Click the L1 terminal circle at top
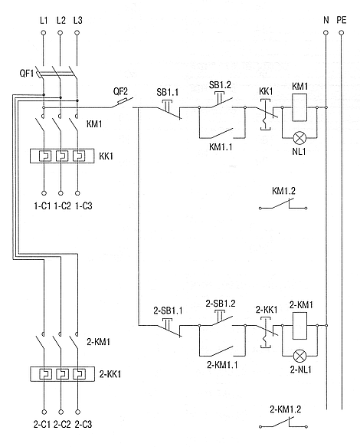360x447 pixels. point(44,33)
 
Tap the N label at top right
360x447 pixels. point(326,20)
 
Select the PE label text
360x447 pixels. point(342,20)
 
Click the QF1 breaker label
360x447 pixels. point(26,74)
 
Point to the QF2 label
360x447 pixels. point(120,91)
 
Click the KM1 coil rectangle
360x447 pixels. point(299,107)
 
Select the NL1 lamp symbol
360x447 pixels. point(299,138)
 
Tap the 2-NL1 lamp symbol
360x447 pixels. point(300,356)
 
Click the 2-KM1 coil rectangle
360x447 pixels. point(300,326)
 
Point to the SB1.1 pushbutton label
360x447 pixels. point(168,92)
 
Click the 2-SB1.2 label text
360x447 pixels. point(221,304)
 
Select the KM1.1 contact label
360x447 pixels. point(221,147)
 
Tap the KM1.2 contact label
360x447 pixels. point(283,191)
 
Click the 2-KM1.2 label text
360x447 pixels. point(285,409)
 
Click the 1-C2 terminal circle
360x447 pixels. point(61,193)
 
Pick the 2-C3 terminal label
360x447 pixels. point(83,425)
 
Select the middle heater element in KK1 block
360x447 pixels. point(62,156)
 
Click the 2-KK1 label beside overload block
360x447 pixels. point(110,374)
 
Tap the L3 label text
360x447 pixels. point(78,20)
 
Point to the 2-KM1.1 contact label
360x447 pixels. point(222,365)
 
